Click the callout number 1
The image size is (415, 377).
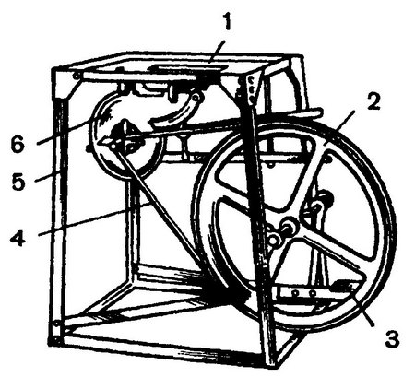point(227,21)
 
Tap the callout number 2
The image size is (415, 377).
point(373,101)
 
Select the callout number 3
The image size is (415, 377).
point(392,338)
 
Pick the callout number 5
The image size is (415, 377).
point(18,181)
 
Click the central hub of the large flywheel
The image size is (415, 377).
point(289,227)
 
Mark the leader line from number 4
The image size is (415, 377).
point(94,218)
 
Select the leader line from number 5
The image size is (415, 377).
point(46,177)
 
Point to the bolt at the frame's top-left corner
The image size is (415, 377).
point(75,76)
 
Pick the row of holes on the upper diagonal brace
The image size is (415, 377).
point(251,89)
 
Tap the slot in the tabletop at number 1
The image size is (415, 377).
point(187,68)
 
